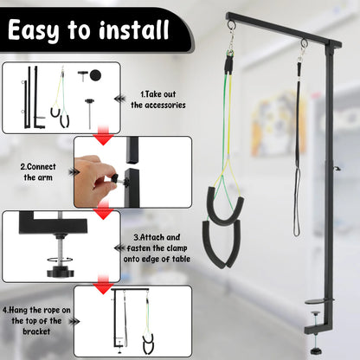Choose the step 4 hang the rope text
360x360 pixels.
[x=36, y=316]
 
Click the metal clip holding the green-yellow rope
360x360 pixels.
[x=231, y=43]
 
